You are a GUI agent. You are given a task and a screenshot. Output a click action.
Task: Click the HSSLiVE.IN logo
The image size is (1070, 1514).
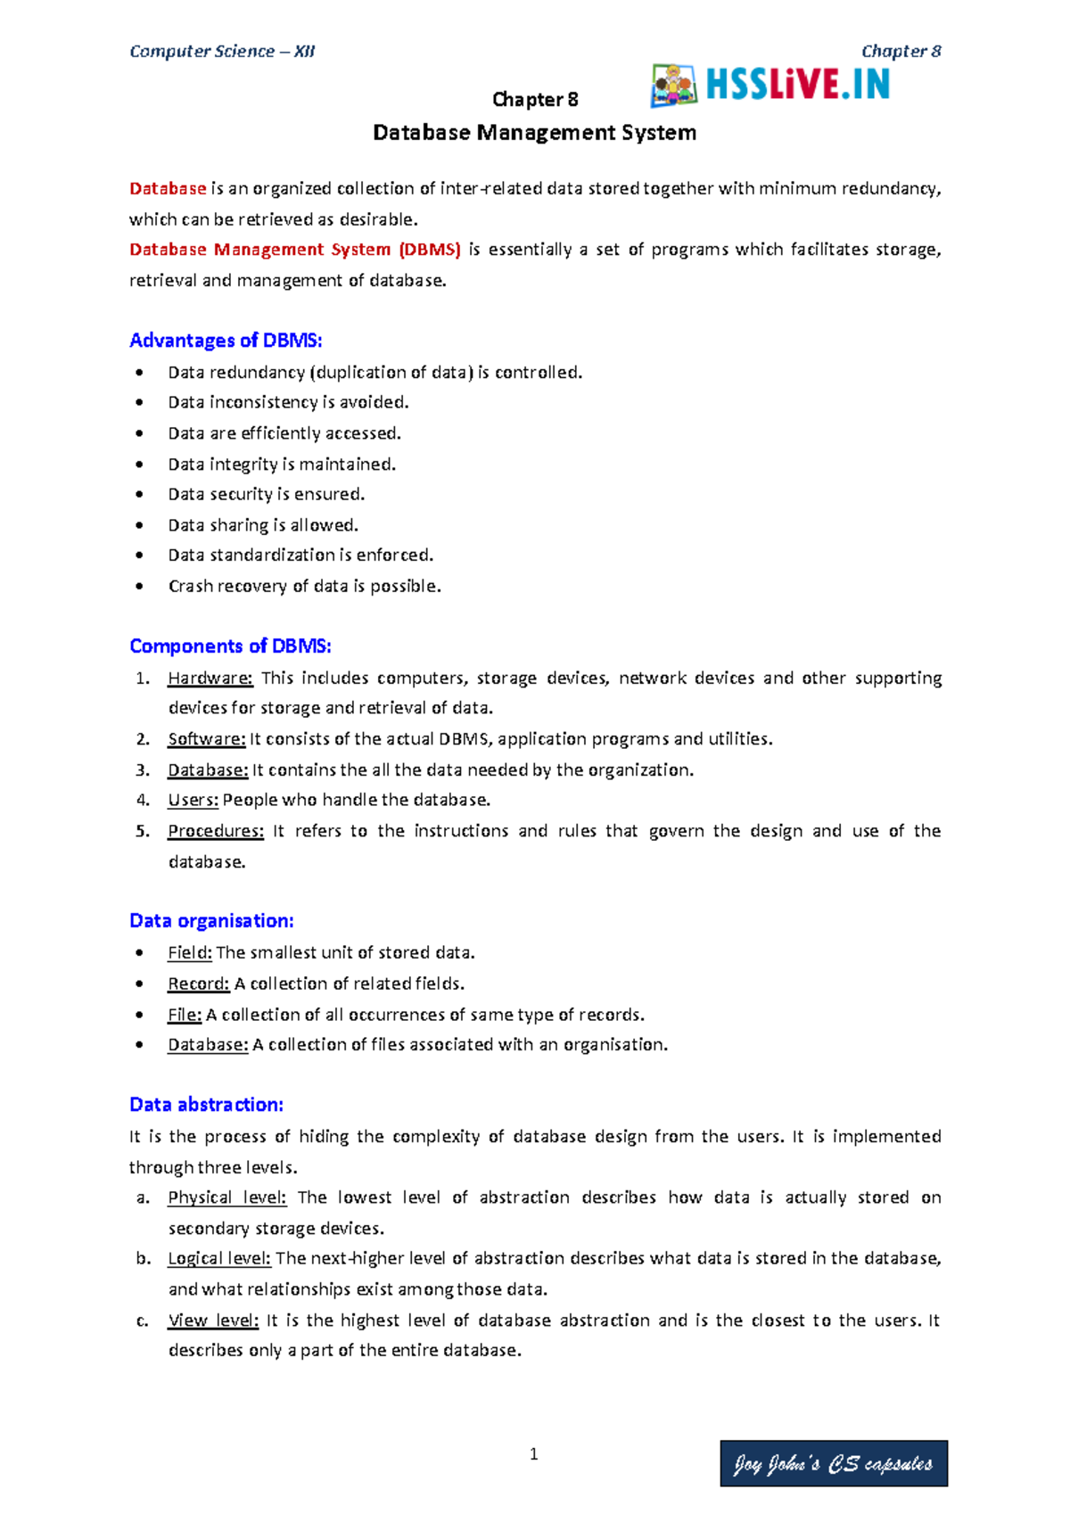click(771, 86)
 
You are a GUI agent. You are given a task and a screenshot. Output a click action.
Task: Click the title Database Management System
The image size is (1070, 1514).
click(534, 133)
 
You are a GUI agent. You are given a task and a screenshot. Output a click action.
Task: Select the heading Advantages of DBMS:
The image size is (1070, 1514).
click(226, 341)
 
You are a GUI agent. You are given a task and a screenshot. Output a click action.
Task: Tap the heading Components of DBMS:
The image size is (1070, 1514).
click(230, 646)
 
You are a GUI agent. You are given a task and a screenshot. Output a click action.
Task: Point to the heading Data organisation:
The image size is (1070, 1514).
click(211, 921)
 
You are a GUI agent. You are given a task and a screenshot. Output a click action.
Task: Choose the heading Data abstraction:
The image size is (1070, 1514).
click(206, 1105)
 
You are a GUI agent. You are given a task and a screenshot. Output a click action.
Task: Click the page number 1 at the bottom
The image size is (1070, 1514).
click(533, 1454)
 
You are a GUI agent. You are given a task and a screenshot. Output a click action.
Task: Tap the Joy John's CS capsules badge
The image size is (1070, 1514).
click(833, 1463)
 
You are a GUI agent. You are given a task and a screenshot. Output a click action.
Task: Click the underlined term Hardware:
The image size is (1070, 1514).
click(210, 679)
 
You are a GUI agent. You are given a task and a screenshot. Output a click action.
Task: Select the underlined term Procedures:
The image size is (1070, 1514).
click(216, 831)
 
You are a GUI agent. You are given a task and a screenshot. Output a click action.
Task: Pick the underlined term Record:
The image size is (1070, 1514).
click(199, 984)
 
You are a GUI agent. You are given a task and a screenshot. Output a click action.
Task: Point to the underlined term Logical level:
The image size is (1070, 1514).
click(219, 1259)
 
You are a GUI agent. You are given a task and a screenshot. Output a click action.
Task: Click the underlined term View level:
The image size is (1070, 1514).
click(213, 1321)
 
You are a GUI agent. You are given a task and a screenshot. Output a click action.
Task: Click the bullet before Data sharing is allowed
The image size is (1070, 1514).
click(139, 525)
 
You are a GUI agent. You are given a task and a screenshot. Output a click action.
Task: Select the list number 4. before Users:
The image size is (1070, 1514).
click(143, 801)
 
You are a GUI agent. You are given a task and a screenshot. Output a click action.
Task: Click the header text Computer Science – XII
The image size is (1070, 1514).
click(222, 52)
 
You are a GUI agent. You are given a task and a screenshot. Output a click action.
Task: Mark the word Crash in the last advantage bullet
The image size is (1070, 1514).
click(188, 587)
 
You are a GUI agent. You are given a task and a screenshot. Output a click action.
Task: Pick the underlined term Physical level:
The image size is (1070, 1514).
click(226, 1197)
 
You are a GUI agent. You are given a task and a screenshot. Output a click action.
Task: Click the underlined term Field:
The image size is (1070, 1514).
click(190, 953)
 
